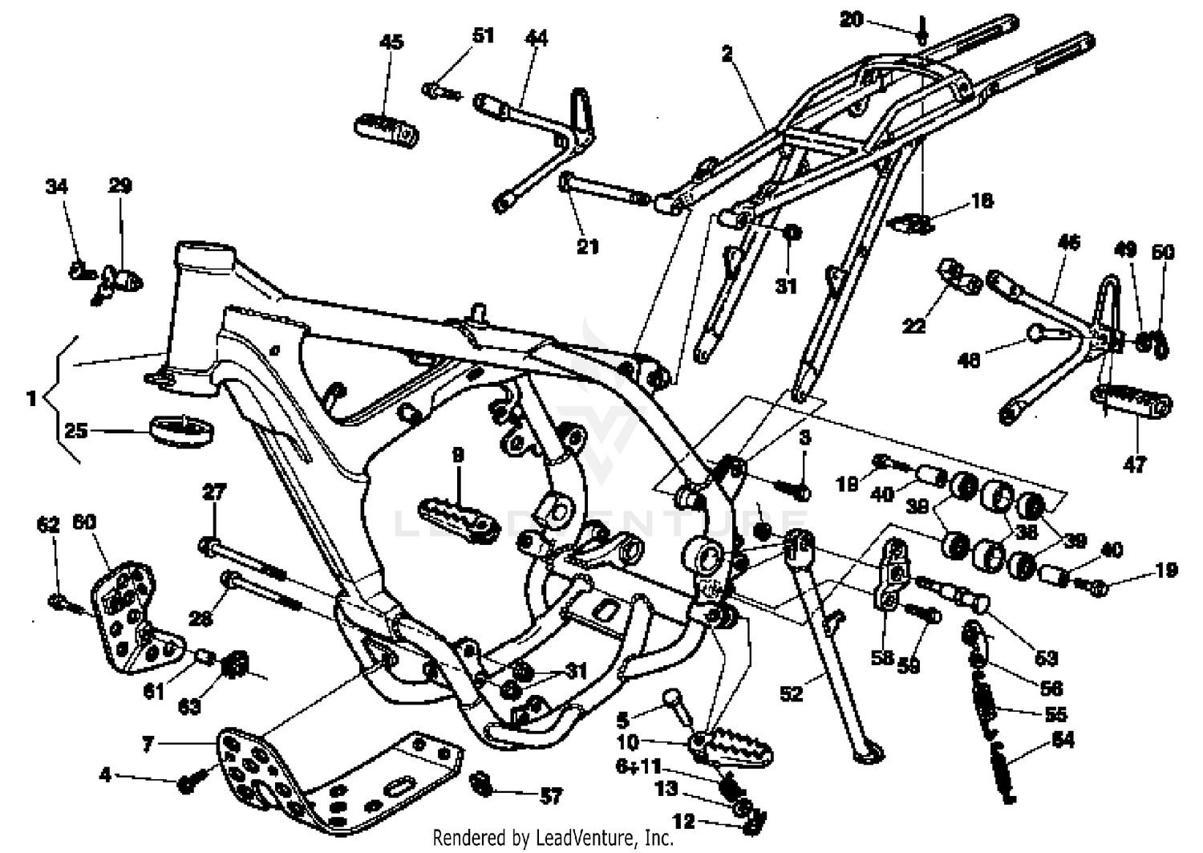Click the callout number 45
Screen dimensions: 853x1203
coord(391,42)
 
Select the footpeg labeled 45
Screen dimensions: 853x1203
coord(387,129)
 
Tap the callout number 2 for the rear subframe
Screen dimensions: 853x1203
coord(727,55)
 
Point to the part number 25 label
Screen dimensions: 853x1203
coord(75,431)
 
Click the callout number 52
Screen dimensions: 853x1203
coord(791,693)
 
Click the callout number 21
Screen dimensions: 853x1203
coord(588,246)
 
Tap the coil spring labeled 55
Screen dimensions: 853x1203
coord(985,702)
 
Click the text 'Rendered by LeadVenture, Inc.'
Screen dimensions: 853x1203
coord(553,838)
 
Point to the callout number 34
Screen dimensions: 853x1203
coord(56,187)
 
